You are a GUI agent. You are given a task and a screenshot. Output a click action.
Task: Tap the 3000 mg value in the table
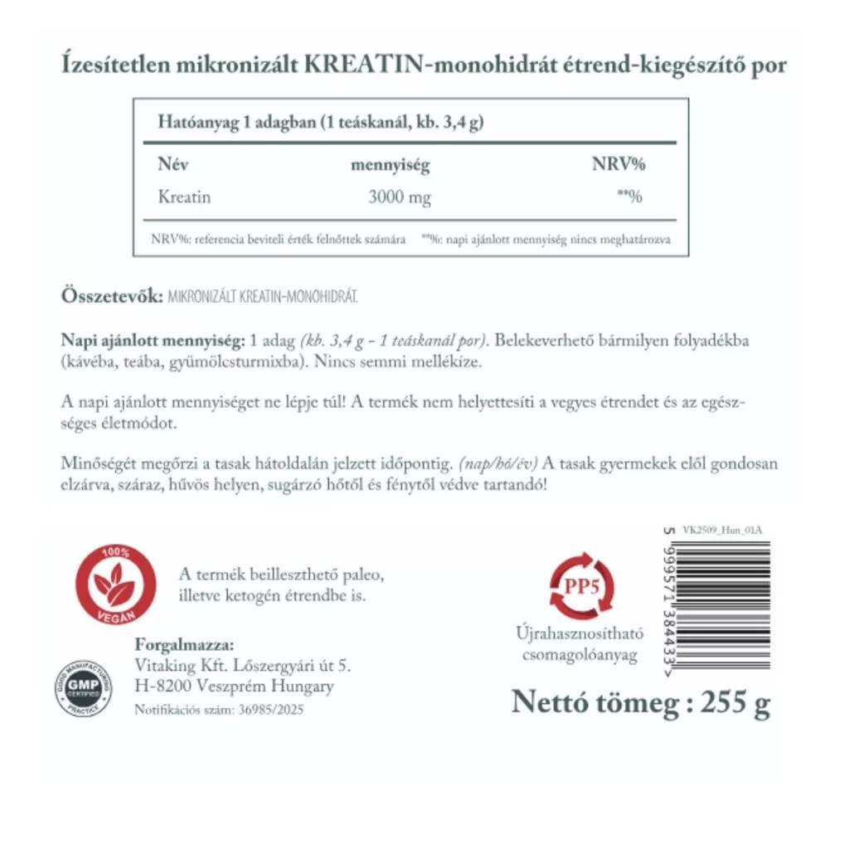[400, 198]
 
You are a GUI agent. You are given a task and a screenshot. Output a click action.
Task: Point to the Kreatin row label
[184, 197]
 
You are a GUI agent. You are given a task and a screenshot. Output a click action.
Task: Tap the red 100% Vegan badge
[115, 585]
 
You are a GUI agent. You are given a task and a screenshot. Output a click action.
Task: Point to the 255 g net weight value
[735, 703]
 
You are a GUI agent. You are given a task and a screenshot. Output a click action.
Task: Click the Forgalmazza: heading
[184, 646]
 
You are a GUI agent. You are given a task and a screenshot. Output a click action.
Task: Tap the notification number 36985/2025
[270, 710]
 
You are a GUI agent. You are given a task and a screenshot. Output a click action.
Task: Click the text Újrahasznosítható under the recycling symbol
[580, 635]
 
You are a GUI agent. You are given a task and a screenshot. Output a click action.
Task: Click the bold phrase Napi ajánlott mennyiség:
[153, 342]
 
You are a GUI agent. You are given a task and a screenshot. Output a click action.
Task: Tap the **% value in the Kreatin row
[631, 197]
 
